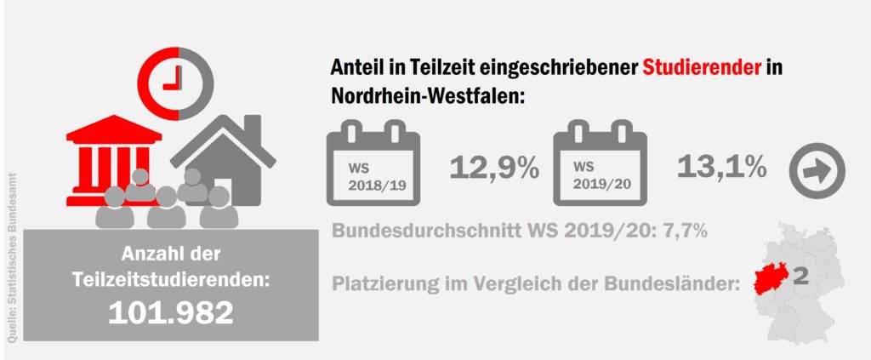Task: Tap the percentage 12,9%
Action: (x=494, y=168)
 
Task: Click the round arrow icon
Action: (x=817, y=171)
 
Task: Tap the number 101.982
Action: (x=170, y=313)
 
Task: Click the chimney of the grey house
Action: (x=252, y=130)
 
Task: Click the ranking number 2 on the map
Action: (x=800, y=276)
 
